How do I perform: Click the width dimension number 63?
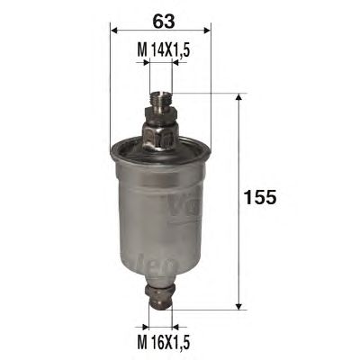[x=164, y=22]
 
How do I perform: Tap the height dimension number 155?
[x=260, y=197]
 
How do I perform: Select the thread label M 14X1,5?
[x=164, y=49]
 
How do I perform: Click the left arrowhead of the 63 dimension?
[x=113, y=30]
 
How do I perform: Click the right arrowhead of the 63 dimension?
[x=208, y=30]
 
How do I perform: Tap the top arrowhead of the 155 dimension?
[x=238, y=97]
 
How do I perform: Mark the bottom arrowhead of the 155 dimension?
[x=238, y=306]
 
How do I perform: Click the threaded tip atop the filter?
[x=161, y=100]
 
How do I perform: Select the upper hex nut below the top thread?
[x=161, y=114]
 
